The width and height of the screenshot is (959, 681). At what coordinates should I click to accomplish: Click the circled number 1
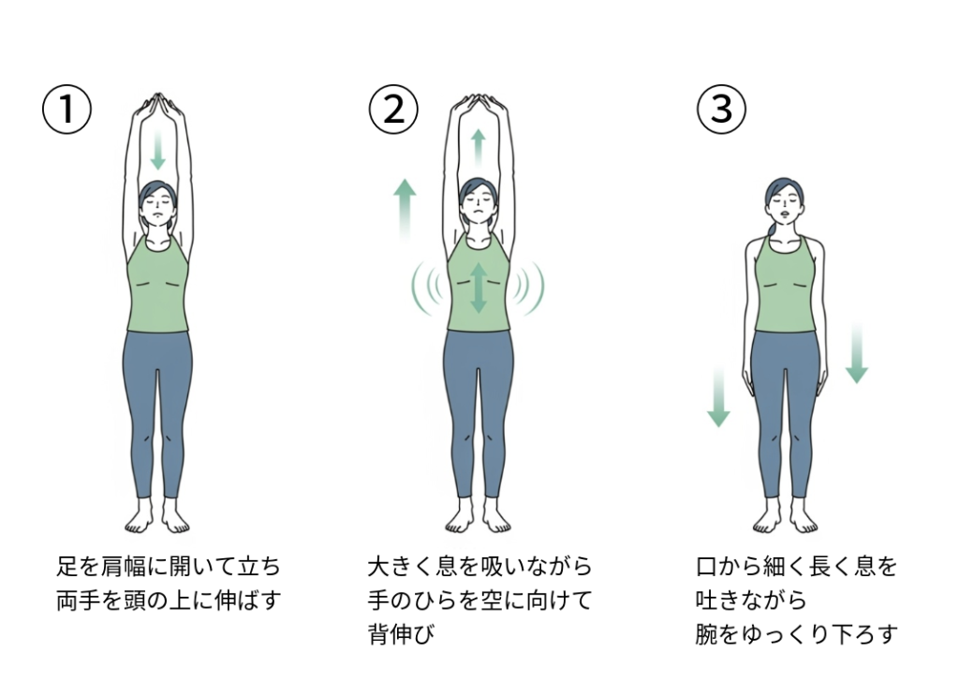66,110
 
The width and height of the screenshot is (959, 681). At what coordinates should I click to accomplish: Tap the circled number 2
393,110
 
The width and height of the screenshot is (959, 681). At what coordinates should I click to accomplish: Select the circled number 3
722,110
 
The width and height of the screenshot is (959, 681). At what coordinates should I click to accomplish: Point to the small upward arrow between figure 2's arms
479,148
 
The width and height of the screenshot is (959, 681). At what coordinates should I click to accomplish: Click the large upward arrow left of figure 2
405,209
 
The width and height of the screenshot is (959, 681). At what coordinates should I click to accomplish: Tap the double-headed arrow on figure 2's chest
479,288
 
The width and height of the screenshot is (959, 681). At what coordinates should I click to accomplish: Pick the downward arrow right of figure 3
857,353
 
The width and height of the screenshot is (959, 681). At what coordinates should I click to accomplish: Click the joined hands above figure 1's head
159,103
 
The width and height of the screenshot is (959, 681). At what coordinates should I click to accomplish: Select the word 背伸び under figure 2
401,633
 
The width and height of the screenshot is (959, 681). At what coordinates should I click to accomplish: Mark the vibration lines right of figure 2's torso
527,288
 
